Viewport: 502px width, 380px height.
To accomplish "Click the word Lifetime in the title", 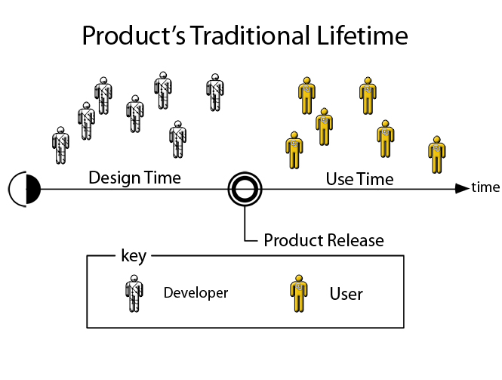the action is click(362, 36).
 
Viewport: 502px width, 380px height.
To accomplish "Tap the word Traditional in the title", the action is click(251, 36).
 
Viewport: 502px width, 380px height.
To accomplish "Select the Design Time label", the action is click(134, 178).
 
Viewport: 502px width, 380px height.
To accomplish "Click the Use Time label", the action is click(359, 179).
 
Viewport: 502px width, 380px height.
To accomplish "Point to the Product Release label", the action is click(324, 240).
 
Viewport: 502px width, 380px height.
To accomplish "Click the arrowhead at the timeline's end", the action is click(462, 188).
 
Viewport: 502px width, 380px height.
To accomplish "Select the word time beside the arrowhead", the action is click(485, 187).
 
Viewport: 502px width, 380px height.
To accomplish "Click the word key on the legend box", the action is click(134, 256).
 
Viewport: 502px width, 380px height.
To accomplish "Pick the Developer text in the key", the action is click(196, 293).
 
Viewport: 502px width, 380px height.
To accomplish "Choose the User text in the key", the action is click(346, 294).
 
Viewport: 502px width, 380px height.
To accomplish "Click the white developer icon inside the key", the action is click(134, 293).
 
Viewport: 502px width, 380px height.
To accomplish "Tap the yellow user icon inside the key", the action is click(299, 293).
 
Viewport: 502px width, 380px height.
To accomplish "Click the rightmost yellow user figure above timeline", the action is click(436, 155).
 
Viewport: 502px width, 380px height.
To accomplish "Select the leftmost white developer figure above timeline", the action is click(60, 146).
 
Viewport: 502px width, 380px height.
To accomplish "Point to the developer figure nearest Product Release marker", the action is click(215, 93).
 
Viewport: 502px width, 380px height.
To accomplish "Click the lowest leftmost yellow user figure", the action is click(294, 150).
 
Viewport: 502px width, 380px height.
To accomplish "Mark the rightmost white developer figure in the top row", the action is click(215, 93).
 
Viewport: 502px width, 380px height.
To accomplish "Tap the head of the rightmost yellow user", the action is click(436, 140).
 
